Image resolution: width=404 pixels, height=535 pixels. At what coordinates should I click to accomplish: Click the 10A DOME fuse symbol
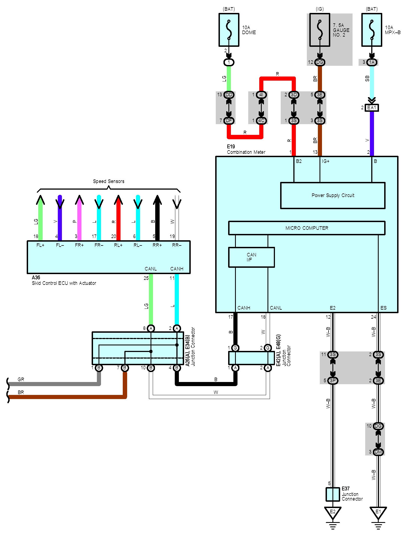[x=229, y=30]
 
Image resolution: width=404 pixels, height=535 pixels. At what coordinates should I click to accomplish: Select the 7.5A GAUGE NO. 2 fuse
[x=320, y=30]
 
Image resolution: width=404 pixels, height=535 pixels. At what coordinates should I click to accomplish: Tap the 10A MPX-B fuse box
[x=372, y=30]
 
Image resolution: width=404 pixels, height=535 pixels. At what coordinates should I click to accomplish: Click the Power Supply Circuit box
[x=333, y=195]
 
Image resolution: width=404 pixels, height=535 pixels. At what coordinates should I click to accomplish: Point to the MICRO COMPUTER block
[x=307, y=228]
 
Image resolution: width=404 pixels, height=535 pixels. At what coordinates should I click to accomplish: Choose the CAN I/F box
[x=251, y=257]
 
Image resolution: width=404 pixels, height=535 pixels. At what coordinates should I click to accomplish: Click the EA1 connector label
[x=372, y=108]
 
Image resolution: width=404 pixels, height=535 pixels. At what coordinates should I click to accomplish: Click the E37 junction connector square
[x=333, y=494]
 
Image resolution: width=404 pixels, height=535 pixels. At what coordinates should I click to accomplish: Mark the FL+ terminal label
[x=40, y=245]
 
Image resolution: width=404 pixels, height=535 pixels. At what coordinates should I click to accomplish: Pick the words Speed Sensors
[x=108, y=181]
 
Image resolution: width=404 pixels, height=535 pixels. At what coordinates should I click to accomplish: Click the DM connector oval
[x=378, y=452]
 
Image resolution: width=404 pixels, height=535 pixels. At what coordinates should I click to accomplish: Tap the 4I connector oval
[x=261, y=95]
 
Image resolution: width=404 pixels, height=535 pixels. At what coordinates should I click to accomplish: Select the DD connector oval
[x=229, y=95]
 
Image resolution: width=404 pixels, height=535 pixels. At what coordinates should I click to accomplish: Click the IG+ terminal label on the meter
[x=326, y=161]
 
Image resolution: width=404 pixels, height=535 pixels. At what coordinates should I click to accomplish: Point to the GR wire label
[x=21, y=379]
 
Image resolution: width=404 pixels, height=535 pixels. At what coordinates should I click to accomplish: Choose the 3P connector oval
[x=333, y=380]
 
